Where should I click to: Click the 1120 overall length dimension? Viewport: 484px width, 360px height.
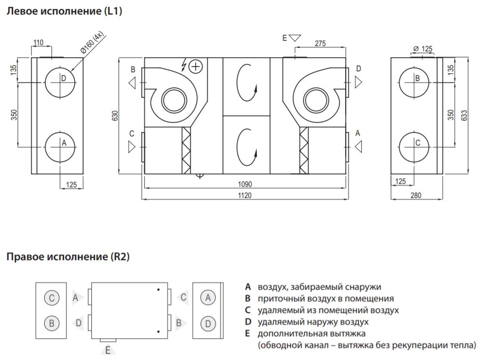(245, 195)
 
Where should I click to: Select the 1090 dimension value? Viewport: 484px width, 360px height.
(245, 184)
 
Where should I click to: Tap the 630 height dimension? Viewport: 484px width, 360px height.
(115, 115)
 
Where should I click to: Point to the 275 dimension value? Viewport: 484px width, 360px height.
(320, 44)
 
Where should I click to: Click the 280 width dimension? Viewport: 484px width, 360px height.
(416, 195)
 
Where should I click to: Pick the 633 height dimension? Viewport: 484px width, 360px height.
(465, 115)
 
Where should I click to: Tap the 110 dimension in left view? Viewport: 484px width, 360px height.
(38, 43)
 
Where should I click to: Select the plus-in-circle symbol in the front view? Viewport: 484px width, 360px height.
(195, 66)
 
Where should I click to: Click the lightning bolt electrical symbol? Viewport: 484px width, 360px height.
(184, 65)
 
